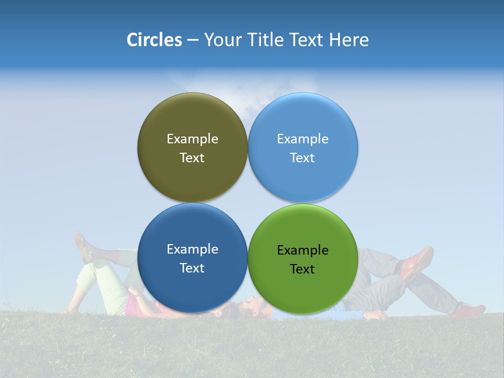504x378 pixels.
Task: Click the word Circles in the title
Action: pos(154,40)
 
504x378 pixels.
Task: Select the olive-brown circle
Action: pos(192,118)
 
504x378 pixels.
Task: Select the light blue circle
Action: pos(303,118)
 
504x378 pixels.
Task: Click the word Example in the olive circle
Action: pos(192,139)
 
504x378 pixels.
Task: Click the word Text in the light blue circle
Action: pos(302,158)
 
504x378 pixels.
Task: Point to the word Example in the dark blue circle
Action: pos(192,249)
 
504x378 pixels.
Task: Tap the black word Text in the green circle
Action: pos(302,269)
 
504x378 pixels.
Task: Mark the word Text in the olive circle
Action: pos(192,158)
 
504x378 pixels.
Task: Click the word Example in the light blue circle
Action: pos(302,139)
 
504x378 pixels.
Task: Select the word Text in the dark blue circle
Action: pos(192,268)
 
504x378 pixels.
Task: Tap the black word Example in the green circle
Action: pos(302,250)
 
